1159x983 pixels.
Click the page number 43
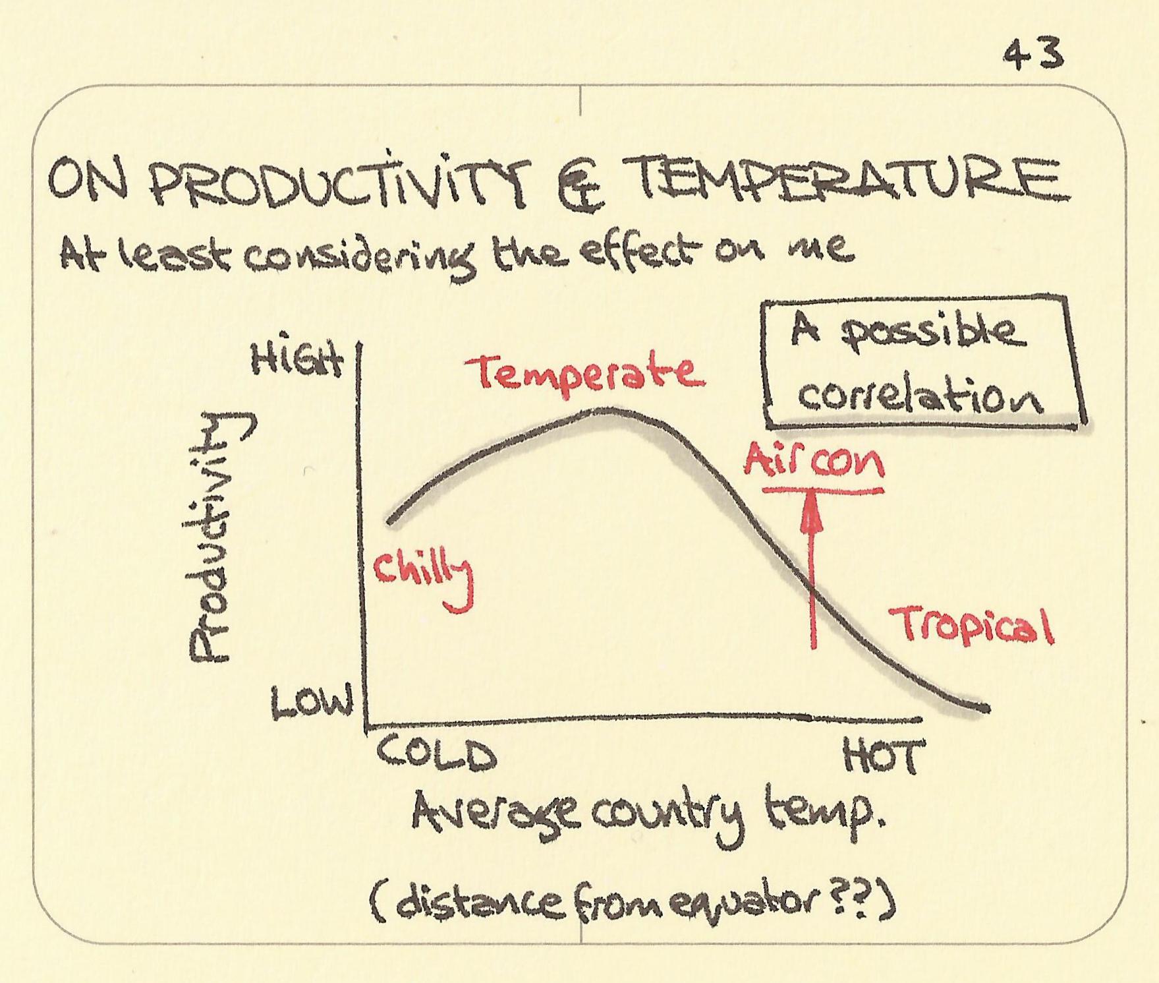pyautogui.click(x=1032, y=54)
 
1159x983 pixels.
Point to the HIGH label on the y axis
pyautogui.click(x=298, y=361)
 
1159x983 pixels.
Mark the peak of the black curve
pyautogui.click(x=606, y=410)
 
